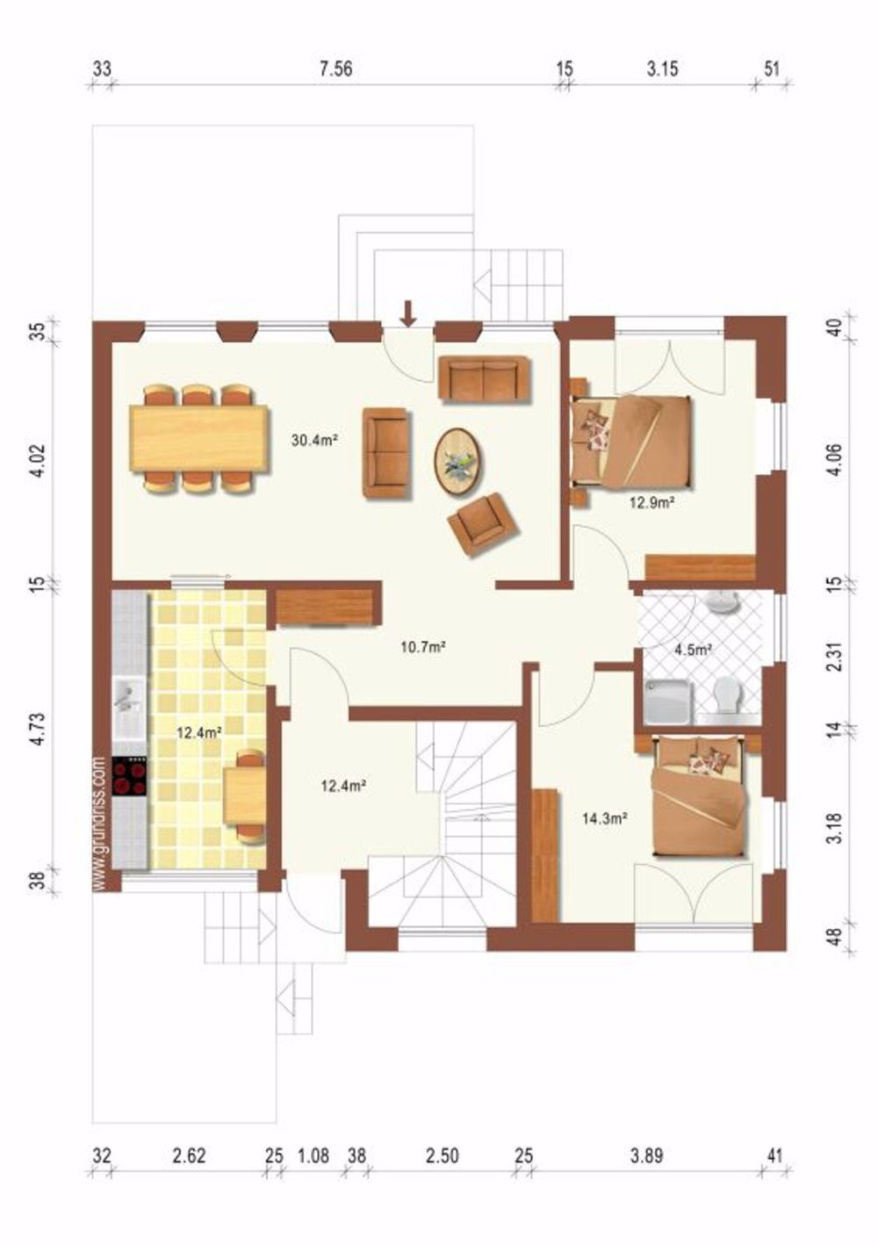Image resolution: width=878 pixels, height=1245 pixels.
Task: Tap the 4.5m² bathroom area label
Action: click(692, 651)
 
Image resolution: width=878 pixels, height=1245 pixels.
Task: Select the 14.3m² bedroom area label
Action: click(604, 818)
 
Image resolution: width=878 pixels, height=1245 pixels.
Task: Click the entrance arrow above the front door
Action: click(408, 312)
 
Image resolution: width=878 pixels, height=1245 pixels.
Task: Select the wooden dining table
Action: click(199, 437)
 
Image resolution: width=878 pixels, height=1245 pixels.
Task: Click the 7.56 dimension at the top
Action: click(335, 69)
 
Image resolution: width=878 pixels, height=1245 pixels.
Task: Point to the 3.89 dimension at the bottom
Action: click(646, 1156)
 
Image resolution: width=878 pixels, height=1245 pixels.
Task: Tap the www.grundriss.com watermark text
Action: click(98, 823)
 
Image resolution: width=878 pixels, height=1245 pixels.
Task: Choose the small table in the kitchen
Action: click(245, 795)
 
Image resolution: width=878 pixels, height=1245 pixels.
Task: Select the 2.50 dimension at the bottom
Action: click(442, 1156)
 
